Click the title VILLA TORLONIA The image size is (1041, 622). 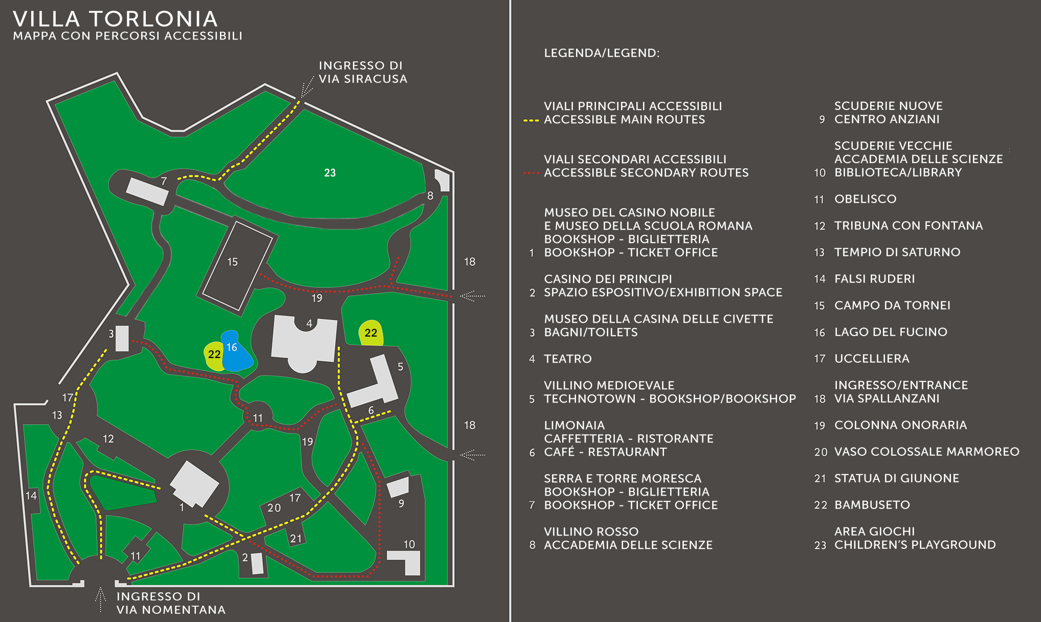116,19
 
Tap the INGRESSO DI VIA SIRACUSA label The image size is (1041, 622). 363,72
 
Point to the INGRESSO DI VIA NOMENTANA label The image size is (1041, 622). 170,603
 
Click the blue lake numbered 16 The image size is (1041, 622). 236,353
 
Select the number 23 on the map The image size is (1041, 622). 330,173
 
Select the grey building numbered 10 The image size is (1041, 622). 407,561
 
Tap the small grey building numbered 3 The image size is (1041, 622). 122,339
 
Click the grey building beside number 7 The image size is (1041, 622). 147,191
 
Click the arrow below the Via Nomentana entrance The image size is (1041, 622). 101,599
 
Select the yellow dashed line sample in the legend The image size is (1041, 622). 531,121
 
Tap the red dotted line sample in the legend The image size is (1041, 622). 531,173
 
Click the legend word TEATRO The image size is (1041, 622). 567,359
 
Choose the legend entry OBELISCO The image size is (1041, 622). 865,199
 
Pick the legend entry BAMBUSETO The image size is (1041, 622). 872,505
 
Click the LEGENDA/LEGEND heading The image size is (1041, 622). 602,53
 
